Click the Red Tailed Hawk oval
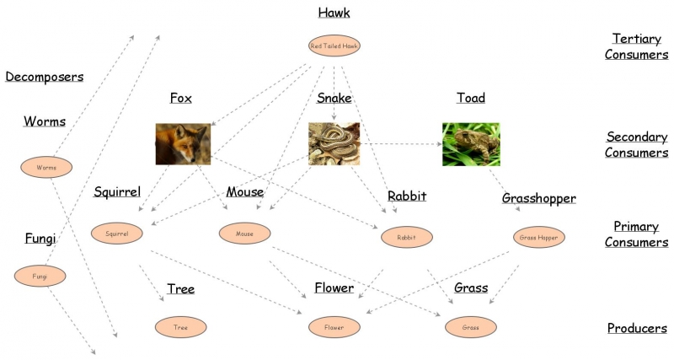(x=334, y=46)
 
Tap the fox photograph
(x=183, y=144)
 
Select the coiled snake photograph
(x=334, y=143)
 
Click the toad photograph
(x=471, y=143)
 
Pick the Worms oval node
(x=46, y=167)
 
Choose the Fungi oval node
(x=40, y=275)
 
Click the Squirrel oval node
(x=117, y=232)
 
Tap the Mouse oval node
(x=244, y=232)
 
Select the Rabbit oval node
(x=406, y=237)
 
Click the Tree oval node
(x=180, y=325)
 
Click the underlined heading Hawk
(x=334, y=13)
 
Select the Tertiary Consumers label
(x=639, y=46)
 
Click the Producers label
(x=637, y=328)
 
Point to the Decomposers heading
(x=45, y=77)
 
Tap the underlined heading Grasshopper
(x=538, y=198)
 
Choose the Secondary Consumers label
(x=637, y=144)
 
